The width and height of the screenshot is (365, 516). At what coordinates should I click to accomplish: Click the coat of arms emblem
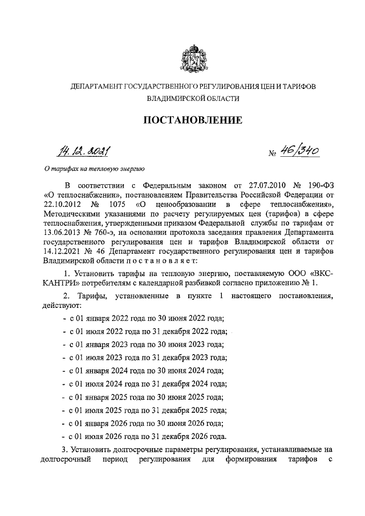192,59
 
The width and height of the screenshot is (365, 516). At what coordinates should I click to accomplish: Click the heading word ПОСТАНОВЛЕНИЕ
192,120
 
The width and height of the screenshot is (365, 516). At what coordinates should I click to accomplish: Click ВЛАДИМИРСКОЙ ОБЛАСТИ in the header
192,99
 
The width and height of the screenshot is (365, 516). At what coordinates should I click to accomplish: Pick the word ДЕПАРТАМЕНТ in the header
94,86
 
